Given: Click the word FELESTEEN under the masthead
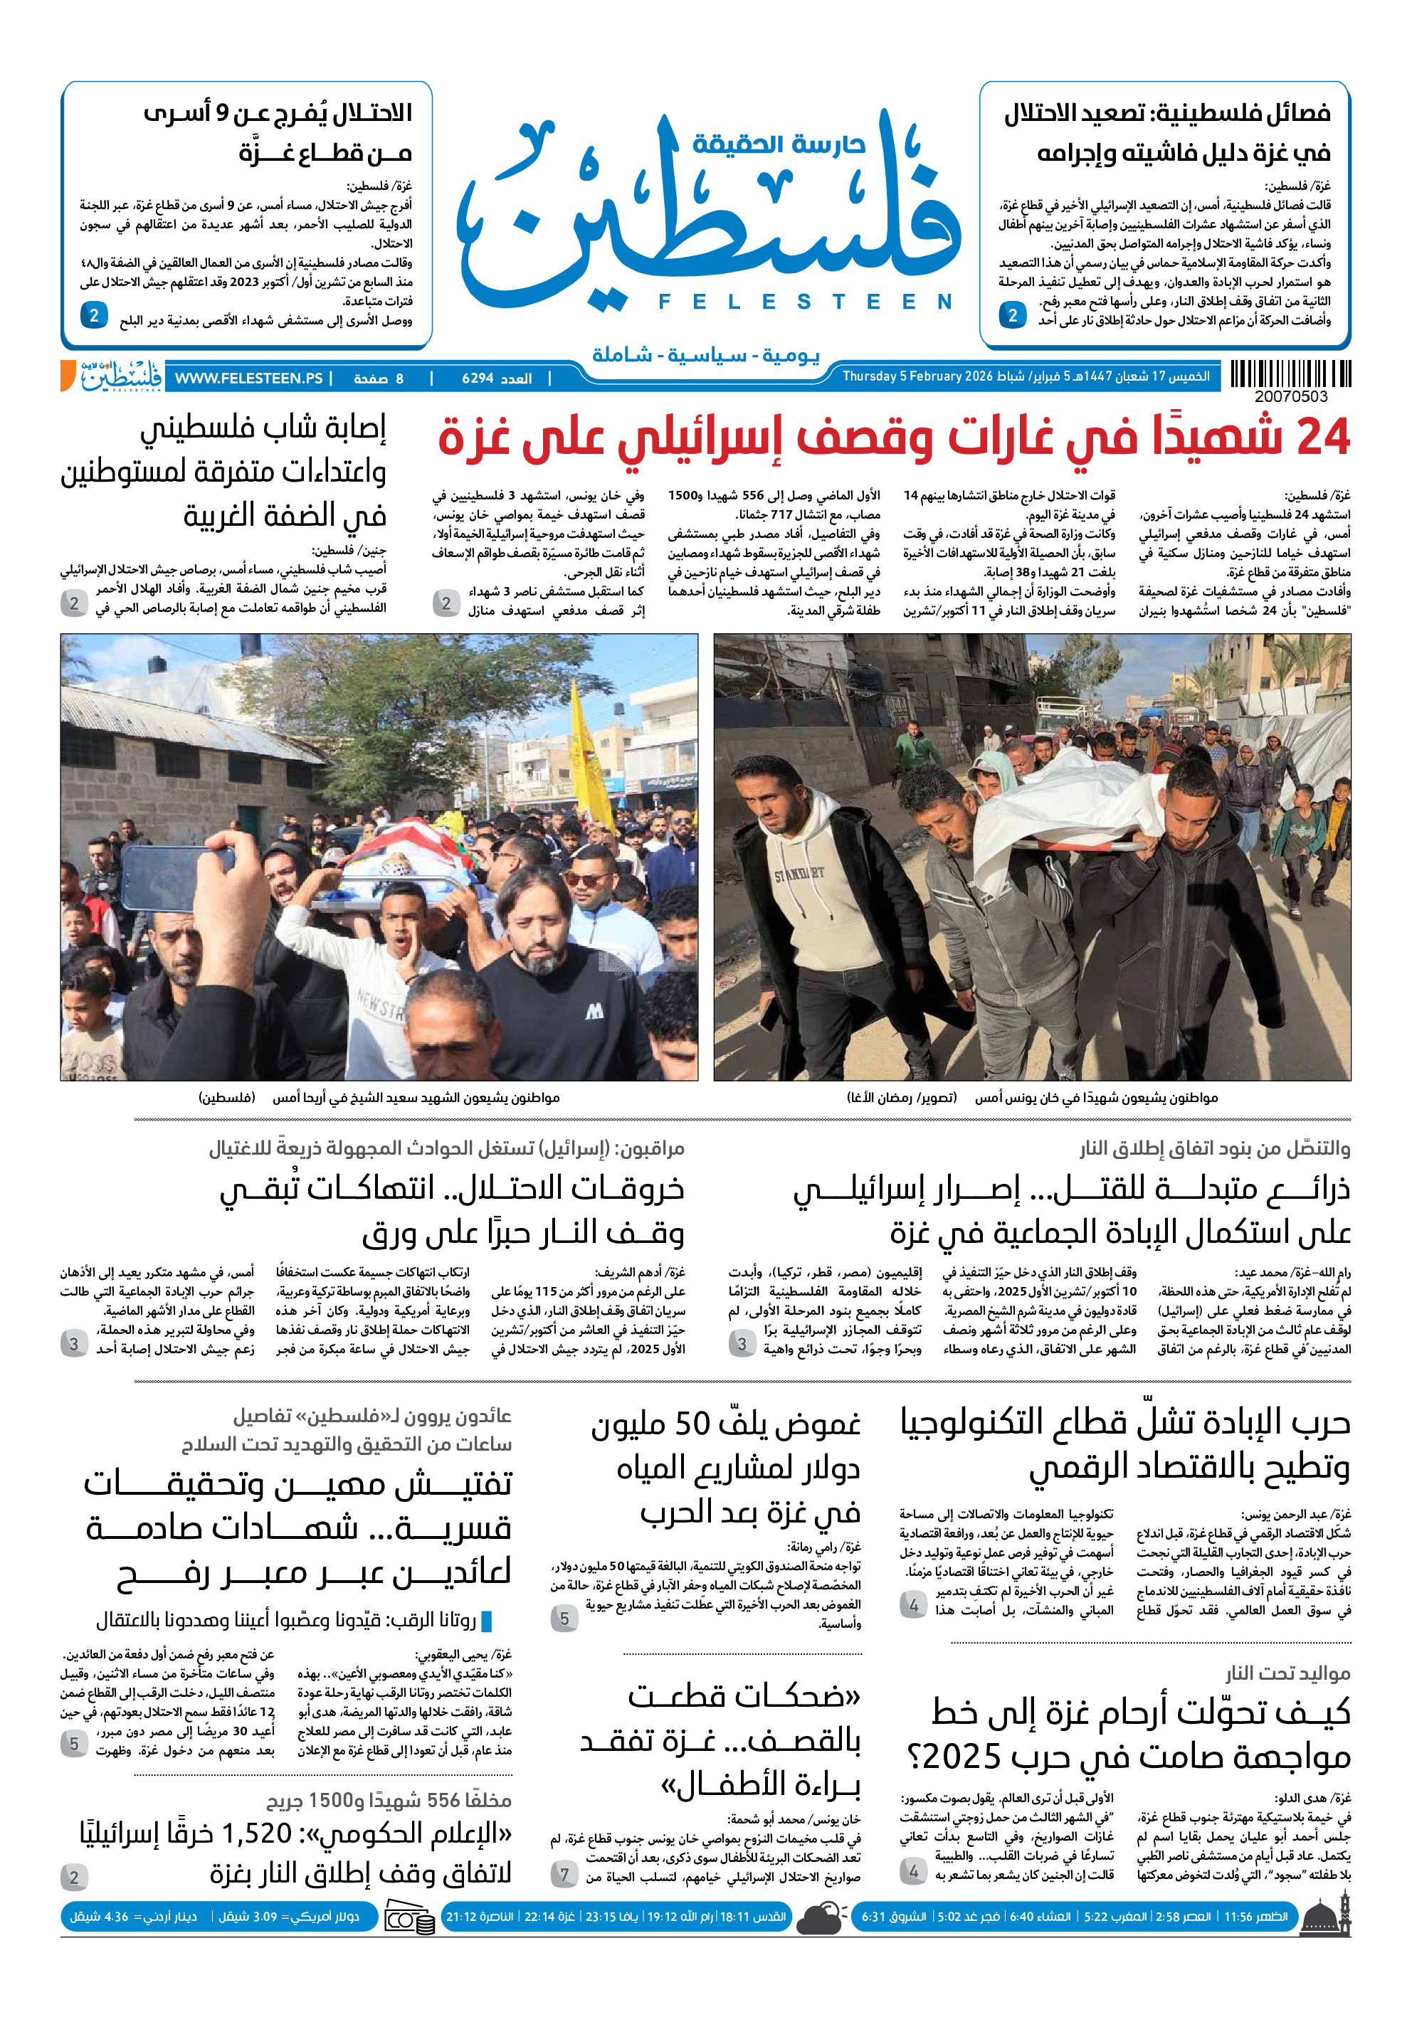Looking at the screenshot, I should [x=805, y=302].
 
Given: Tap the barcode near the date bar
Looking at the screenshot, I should [x=1290, y=374].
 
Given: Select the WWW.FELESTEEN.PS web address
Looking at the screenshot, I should [x=248, y=378].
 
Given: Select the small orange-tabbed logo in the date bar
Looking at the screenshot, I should [x=112, y=376].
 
